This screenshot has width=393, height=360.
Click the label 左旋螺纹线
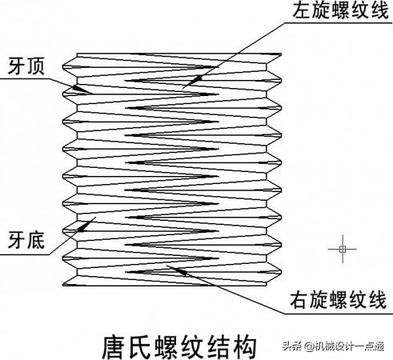[340, 10]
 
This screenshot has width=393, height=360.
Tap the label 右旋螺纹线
[339, 300]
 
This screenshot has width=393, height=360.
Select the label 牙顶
[26, 66]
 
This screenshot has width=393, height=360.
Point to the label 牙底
[26, 240]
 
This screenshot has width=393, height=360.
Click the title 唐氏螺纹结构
[179, 346]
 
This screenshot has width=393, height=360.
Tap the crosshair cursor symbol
[343, 249]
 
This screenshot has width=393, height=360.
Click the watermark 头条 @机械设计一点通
[333, 346]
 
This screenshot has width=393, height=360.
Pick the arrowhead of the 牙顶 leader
[81, 89]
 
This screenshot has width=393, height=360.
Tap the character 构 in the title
[245, 346]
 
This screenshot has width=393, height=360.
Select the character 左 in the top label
[302, 10]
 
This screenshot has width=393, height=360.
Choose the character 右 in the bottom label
[299, 300]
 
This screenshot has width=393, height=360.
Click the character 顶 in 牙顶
[35, 66]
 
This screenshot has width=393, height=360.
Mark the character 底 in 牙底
[35, 240]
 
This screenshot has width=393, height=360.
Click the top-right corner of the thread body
[281, 54]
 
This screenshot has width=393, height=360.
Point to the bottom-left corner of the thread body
[63, 286]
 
